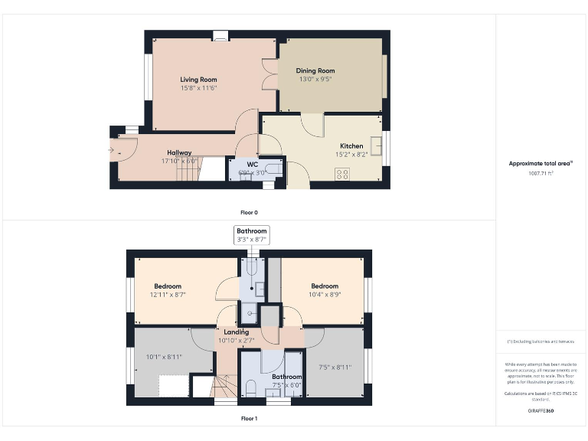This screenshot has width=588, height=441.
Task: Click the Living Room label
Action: pyautogui.click(x=198, y=80)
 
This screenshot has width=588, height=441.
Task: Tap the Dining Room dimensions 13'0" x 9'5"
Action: pyautogui.click(x=315, y=80)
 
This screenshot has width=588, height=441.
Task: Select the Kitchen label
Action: pyautogui.click(x=351, y=145)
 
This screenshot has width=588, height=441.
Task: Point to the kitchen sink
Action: pyautogui.click(x=375, y=145)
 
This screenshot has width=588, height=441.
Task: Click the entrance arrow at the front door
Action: pyautogui.click(x=112, y=150)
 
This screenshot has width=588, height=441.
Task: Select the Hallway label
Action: pyautogui.click(x=176, y=152)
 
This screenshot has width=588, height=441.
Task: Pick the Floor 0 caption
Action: pyautogui.click(x=249, y=212)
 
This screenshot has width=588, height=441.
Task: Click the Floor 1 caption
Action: pyautogui.click(x=249, y=419)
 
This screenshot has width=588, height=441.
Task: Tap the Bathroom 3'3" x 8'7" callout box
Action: pyautogui.click(x=251, y=235)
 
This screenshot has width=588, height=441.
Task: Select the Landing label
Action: pyautogui.click(x=236, y=332)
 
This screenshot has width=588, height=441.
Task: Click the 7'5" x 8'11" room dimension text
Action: pyautogui.click(x=334, y=367)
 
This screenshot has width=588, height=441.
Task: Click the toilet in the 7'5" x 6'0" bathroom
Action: pyautogui.click(x=252, y=388)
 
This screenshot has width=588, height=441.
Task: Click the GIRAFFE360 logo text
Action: pyautogui.click(x=541, y=411)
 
